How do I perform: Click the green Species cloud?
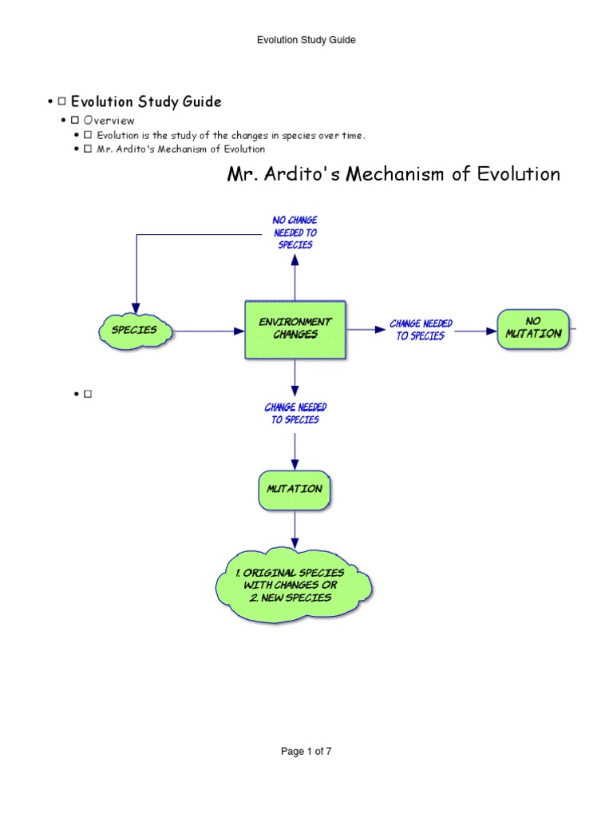[135, 330]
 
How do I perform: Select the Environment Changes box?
[295, 328]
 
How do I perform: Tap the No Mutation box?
[533, 328]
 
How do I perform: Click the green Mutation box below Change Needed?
[295, 489]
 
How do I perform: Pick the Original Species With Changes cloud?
[295, 586]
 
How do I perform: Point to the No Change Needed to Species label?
[295, 232]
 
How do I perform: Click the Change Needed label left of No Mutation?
[421, 329]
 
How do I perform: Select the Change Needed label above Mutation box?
[295, 413]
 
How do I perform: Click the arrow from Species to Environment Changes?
[208, 330]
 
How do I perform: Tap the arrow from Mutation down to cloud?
[295, 530]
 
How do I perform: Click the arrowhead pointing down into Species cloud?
[136, 308]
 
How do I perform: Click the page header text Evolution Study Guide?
[306, 40]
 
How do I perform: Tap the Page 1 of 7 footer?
[306, 752]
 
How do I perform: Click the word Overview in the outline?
[109, 120]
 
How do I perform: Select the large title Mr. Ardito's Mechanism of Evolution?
[394, 174]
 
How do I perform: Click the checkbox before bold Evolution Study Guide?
[61, 102]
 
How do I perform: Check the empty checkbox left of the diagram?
[88, 394]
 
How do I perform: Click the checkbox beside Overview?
[74, 120]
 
